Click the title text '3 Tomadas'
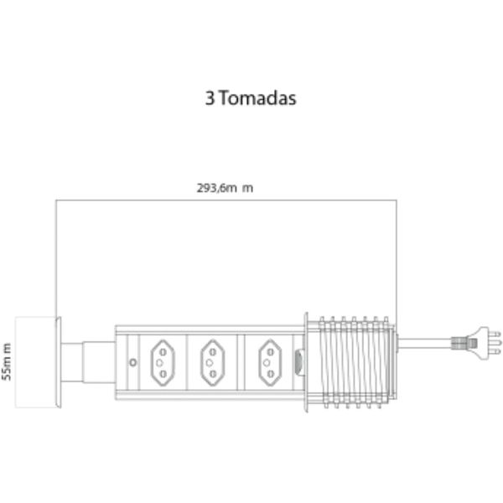(251, 98)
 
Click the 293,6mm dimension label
(225, 188)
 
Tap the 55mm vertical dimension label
(7, 361)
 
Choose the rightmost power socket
(270, 361)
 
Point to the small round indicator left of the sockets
(133, 362)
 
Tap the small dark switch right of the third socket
(299, 362)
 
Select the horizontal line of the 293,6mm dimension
(225, 200)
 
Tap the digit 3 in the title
(209, 98)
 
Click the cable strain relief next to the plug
(459, 342)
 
